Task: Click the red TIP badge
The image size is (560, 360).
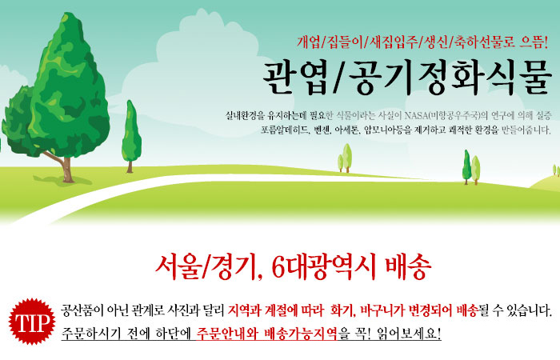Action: click(x=32, y=322)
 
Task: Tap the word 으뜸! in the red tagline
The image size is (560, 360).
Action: click(x=534, y=42)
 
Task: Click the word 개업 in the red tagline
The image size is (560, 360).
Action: click(x=309, y=42)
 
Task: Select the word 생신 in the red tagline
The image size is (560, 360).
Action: click(x=436, y=42)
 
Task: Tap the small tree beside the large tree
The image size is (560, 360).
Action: click(x=131, y=137)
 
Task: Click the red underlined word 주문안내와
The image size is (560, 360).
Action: click(x=227, y=334)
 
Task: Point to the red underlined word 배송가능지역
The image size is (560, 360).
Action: click(x=300, y=334)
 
